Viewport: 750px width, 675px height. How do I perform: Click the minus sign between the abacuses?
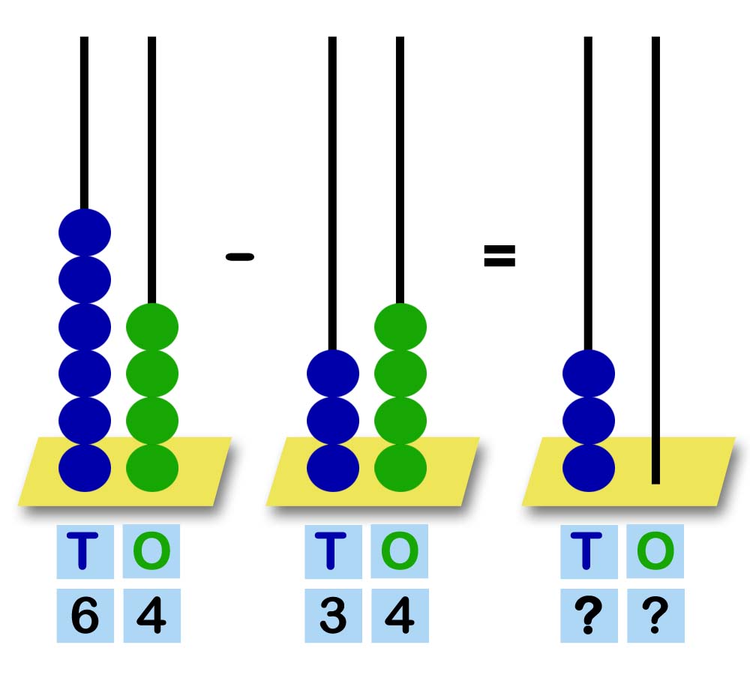point(240,256)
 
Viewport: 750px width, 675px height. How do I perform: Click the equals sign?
point(499,256)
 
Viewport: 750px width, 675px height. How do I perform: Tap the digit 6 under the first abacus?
point(85,616)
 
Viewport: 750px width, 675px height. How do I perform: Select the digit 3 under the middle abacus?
point(333,616)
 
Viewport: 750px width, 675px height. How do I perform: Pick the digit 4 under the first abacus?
point(151,616)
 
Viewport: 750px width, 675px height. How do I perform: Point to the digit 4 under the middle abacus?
point(400,616)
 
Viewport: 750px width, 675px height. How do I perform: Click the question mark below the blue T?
point(589,616)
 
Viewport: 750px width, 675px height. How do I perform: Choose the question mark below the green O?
point(655,616)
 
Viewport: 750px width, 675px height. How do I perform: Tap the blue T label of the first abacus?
point(85,551)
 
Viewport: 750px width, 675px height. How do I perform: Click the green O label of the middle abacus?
point(400,551)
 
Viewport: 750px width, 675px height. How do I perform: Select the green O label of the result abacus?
point(655,551)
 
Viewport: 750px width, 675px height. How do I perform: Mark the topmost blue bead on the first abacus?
point(85,232)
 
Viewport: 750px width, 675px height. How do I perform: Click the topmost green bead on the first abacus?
point(152,326)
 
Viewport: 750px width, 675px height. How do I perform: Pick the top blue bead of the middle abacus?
point(333,373)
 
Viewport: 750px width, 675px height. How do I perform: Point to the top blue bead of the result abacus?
point(589,373)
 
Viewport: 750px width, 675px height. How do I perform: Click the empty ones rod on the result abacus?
point(655,262)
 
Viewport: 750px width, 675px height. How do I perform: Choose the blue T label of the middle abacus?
point(333,551)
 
